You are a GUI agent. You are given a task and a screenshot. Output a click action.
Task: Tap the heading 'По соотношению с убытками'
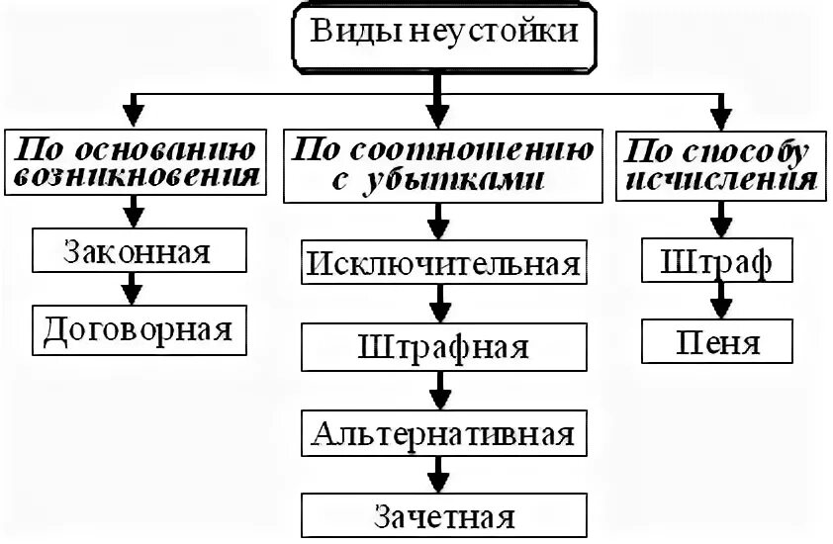click(x=441, y=164)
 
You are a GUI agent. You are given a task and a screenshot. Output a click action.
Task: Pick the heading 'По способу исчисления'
click(x=719, y=164)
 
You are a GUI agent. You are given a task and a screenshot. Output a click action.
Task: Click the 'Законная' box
click(x=138, y=250)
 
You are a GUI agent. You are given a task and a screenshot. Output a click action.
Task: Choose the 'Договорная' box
click(x=138, y=329)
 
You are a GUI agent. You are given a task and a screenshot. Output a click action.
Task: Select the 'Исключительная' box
click(x=442, y=265)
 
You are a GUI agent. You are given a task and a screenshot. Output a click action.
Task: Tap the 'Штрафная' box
click(x=442, y=348)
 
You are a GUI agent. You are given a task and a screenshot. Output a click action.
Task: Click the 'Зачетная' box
click(x=442, y=517)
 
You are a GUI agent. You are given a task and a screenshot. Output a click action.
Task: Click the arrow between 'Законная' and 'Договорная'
click(x=133, y=289)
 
